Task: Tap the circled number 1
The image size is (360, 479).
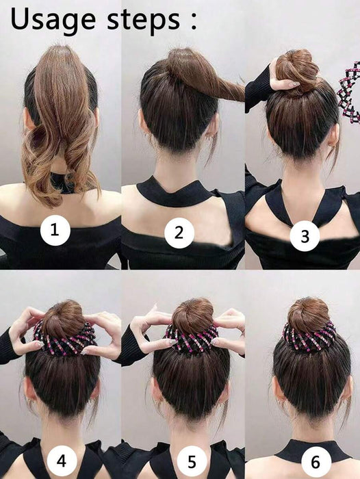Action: click(x=58, y=233)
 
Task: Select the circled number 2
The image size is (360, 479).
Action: click(x=179, y=233)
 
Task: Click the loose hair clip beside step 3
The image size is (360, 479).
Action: click(x=350, y=90)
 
